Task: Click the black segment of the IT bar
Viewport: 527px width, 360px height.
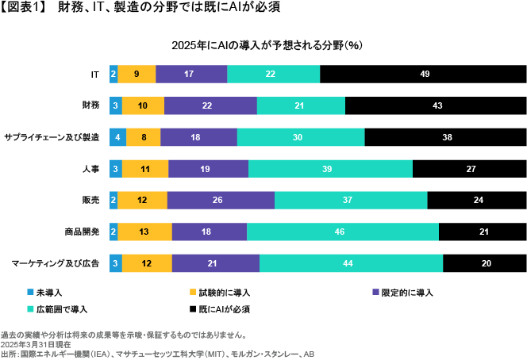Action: pos(423,74)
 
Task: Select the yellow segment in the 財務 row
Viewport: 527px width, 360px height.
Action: pos(143,105)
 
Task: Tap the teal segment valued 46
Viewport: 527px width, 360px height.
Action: pos(343,232)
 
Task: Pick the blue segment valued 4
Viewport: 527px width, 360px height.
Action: pos(117,137)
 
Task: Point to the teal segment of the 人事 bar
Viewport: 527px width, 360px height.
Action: pos(330,168)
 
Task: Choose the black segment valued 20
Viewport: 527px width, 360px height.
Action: pos(484,263)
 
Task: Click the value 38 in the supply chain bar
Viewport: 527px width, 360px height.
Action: pos(447,137)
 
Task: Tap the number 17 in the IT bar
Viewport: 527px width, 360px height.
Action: pos(189,74)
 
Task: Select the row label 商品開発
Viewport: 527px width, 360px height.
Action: pos(82,232)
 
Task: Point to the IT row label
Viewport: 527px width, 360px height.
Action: pos(94,74)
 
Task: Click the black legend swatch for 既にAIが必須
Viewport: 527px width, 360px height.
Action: pos(192,308)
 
